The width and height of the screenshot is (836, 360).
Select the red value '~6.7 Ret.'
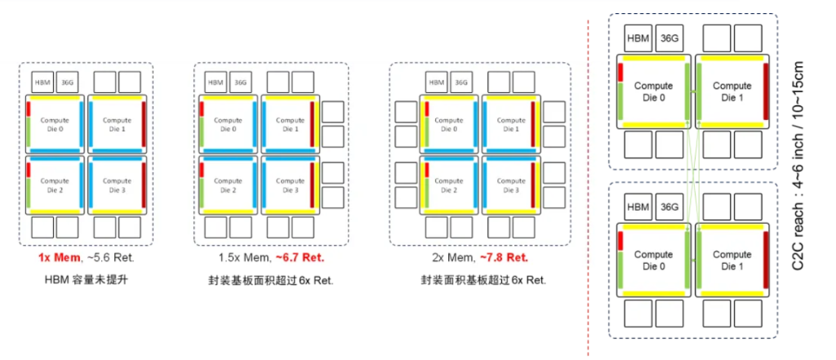[x=300, y=257]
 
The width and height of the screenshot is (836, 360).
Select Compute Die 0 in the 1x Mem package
[x=55, y=123]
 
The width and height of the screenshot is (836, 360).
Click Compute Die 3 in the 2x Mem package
[x=511, y=185]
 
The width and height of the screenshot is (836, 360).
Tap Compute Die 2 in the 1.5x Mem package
[x=229, y=185]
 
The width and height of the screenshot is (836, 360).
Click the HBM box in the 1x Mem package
[x=42, y=82]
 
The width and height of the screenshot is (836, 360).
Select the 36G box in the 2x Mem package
[x=461, y=82]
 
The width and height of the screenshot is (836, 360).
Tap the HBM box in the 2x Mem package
[x=437, y=82]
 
